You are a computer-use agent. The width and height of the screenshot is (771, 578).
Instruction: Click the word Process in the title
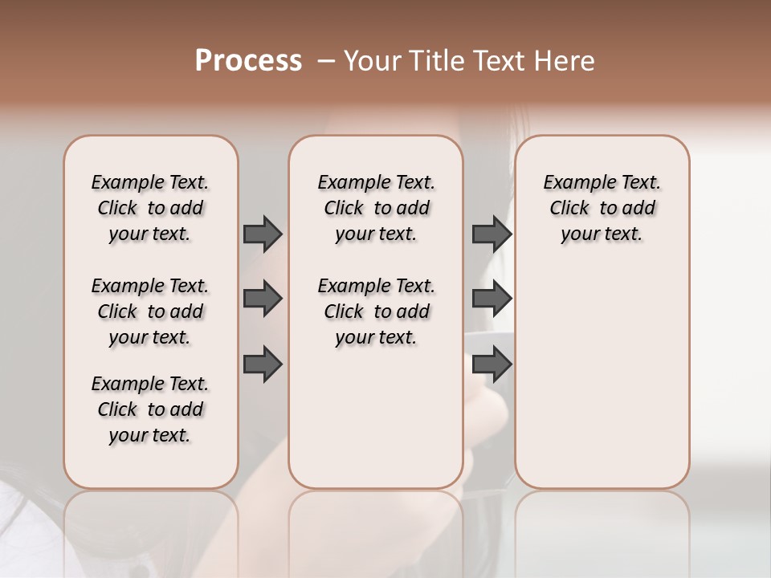tap(248, 60)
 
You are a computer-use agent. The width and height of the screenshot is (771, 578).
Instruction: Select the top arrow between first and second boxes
tap(262, 234)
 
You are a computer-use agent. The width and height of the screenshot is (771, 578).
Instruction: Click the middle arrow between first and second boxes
tap(262, 299)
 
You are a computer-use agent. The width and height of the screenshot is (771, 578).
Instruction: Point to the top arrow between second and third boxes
tap(492, 234)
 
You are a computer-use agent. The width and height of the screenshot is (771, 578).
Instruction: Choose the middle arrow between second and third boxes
tap(492, 299)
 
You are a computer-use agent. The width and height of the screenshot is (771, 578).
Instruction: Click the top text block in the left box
tap(150, 208)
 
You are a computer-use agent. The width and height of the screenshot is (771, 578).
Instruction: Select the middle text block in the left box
tap(150, 311)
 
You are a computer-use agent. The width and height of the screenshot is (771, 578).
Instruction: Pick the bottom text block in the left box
tap(150, 409)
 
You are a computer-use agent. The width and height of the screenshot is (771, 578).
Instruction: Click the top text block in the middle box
tap(376, 208)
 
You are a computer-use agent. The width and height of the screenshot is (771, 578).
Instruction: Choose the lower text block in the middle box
tap(376, 311)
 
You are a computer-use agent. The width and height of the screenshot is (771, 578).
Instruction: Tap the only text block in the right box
tap(602, 208)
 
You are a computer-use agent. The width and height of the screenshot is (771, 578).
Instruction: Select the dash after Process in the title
tap(325, 60)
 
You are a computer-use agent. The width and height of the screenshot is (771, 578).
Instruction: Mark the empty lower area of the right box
tap(602, 377)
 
